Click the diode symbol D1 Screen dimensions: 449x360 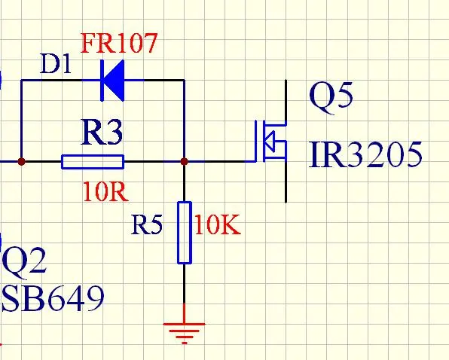[112, 81]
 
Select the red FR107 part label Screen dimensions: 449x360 [119, 43]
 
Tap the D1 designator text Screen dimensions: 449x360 [56, 63]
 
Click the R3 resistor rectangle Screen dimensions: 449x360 [93, 162]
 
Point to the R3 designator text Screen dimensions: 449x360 [102, 133]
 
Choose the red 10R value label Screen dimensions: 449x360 [105, 192]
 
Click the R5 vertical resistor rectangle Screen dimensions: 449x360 [185, 233]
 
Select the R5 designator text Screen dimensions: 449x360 [147, 224]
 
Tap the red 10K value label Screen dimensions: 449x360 [218, 225]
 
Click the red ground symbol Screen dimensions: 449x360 [184, 333]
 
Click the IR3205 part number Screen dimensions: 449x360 [365, 154]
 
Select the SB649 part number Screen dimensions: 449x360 [53, 298]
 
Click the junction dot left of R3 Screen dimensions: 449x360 [21, 162]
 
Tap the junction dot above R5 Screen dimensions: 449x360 [185, 162]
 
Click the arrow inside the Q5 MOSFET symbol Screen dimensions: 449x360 [270, 141]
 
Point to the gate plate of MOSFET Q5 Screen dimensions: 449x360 [256, 141]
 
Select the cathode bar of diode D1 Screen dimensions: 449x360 [102, 81]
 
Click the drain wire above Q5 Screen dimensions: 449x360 [286, 102]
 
